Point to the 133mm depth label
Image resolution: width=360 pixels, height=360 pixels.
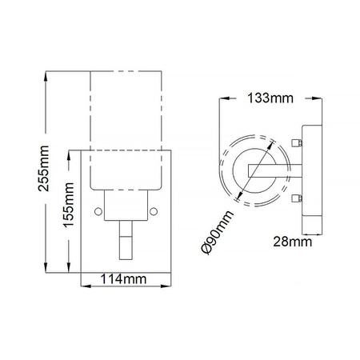269,98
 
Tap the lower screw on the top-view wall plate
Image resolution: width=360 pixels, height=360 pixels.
299,198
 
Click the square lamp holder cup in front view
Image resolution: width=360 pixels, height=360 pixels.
126,205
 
